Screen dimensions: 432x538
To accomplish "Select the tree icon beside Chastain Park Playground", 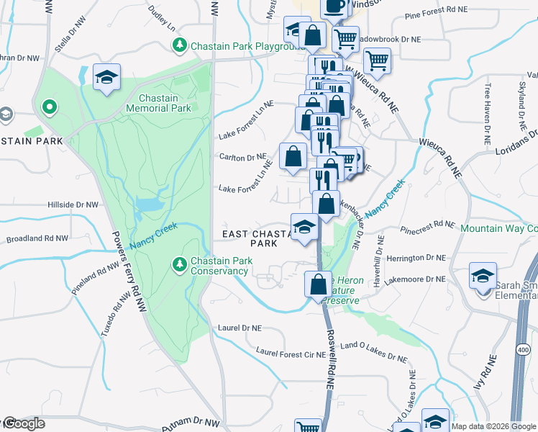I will point(179,46).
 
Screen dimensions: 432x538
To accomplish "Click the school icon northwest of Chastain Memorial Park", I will point(106,78).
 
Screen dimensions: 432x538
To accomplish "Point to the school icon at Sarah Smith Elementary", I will point(483,276).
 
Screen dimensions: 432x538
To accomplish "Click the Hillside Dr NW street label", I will point(72,205).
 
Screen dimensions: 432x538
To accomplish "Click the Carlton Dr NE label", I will point(242,157).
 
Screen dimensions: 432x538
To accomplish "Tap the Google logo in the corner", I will point(23,423).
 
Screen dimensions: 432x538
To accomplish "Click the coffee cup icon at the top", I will point(334,6).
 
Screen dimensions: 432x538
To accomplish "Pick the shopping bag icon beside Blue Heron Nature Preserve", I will point(317,284).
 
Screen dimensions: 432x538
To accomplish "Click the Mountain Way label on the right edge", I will point(498,228).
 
